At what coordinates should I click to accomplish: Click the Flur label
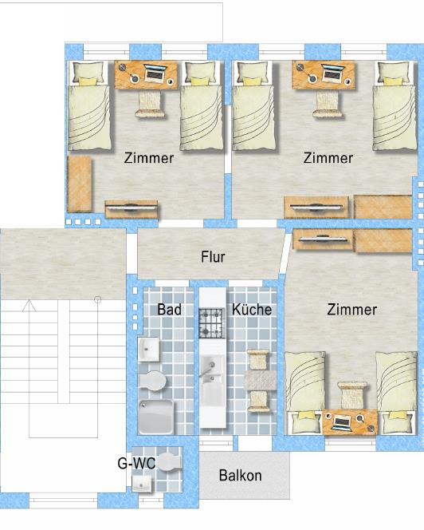[212, 257]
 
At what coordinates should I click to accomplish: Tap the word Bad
[169, 309]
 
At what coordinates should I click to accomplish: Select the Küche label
[252, 309]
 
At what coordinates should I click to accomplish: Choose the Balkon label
[240, 476]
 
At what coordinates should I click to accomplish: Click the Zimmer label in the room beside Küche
[351, 309]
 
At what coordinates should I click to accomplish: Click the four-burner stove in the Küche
[213, 323]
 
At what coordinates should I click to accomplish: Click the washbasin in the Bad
[150, 350]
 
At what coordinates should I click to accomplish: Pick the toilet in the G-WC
[166, 461]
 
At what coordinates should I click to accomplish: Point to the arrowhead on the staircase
[29, 305]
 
